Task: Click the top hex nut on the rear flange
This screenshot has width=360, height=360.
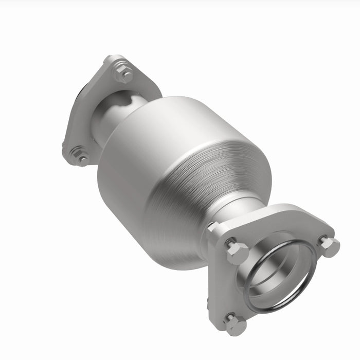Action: (x=123, y=73)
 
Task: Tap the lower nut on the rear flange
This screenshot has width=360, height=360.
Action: (x=80, y=155)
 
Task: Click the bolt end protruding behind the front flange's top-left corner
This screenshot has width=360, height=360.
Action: (x=212, y=226)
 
